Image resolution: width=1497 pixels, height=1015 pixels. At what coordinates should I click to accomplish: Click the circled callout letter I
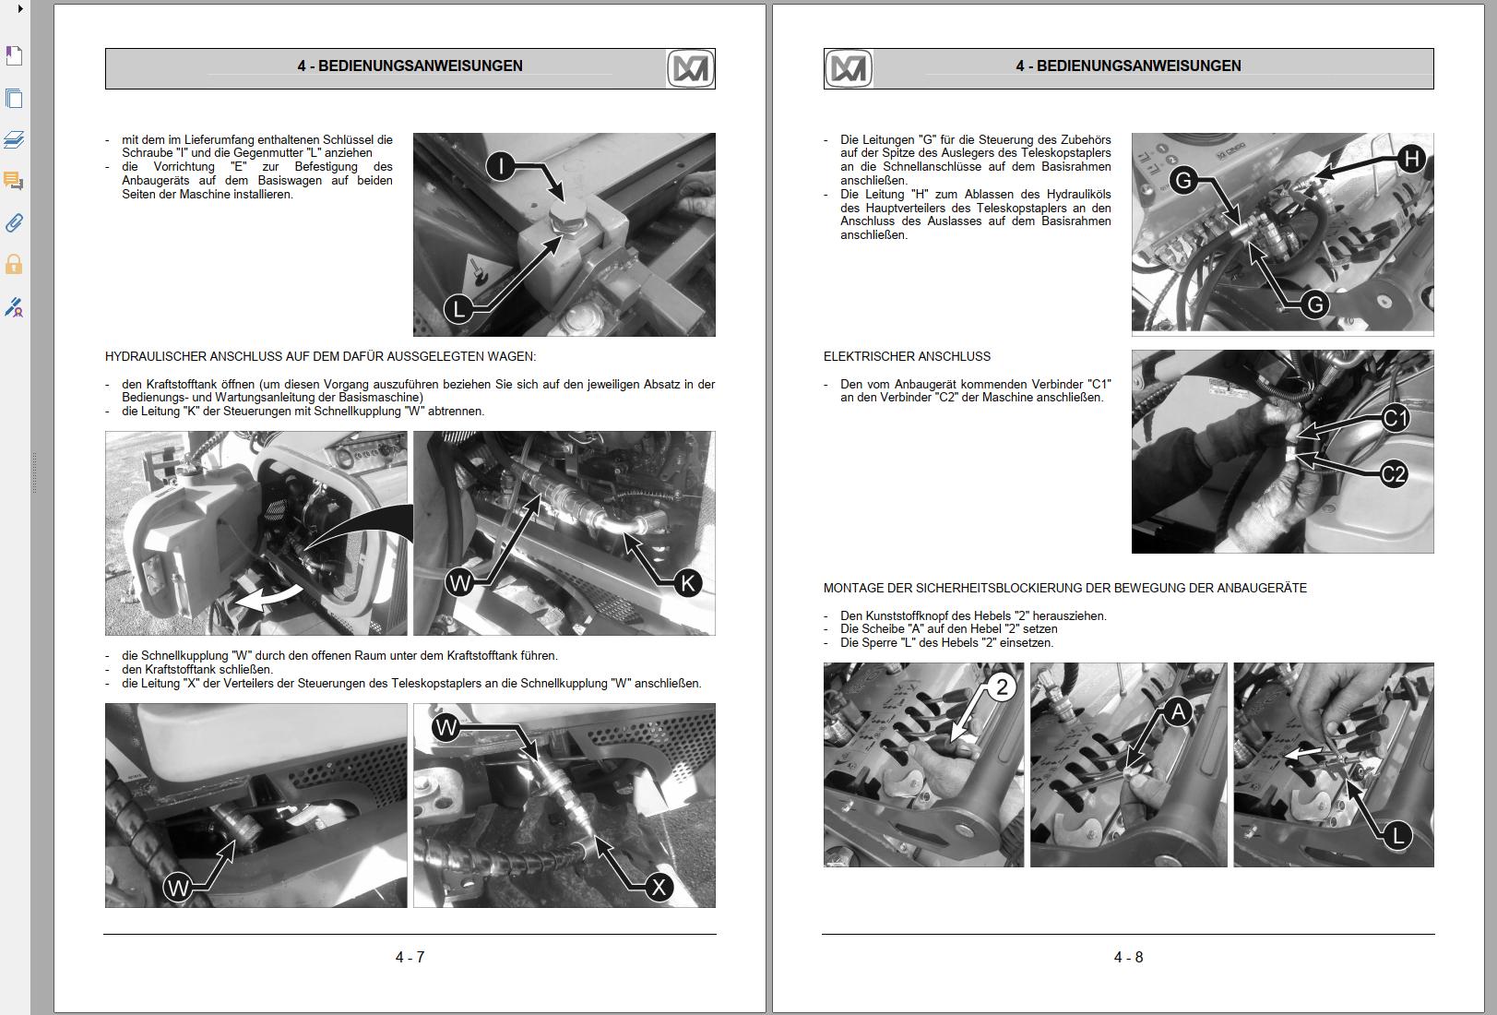click(501, 166)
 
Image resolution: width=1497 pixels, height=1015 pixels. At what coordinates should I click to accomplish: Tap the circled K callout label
click(687, 583)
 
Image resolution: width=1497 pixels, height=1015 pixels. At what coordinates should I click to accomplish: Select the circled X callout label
click(659, 888)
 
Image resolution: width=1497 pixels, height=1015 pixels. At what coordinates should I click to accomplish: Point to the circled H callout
click(1411, 159)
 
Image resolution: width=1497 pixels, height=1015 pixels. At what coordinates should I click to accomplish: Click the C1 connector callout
click(1396, 419)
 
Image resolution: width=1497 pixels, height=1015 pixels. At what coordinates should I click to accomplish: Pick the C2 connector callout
click(1394, 474)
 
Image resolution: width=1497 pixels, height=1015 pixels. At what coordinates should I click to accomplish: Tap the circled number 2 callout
click(1002, 687)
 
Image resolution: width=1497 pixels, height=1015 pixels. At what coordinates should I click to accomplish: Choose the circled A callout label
click(1177, 711)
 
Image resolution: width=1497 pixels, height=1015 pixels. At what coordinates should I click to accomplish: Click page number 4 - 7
click(410, 958)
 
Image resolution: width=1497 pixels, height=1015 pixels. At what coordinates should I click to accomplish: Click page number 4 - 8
click(1128, 958)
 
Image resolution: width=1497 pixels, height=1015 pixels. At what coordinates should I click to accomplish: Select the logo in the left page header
click(690, 69)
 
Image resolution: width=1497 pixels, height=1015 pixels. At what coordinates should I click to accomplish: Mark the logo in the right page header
click(849, 69)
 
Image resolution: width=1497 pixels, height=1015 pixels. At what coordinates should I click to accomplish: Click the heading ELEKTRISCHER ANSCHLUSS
click(907, 356)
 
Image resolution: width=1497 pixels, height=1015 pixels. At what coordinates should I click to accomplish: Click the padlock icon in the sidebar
click(14, 265)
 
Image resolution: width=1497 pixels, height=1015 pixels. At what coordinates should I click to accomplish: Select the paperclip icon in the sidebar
click(14, 223)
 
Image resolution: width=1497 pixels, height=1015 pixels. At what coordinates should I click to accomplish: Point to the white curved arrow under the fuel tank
click(268, 598)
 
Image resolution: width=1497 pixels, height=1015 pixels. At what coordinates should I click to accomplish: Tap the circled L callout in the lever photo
click(1398, 836)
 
